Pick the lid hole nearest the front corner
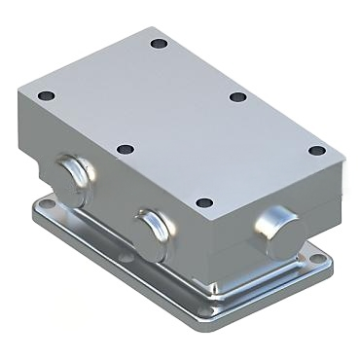click(x=202, y=202)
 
